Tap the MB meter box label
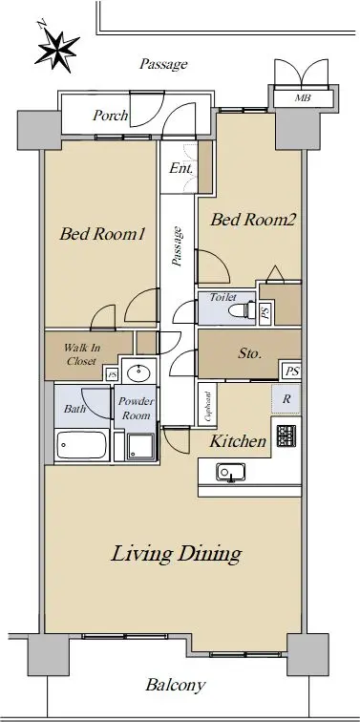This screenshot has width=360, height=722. click(303, 97)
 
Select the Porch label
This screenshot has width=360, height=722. click(110, 116)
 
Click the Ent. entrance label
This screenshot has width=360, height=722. click(180, 168)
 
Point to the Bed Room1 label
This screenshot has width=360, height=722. click(102, 234)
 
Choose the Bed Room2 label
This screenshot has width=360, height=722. click(253, 220)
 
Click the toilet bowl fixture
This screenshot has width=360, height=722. click(243, 309)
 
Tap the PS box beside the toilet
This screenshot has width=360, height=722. click(265, 313)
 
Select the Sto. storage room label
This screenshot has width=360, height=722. click(250, 354)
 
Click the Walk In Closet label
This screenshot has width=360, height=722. click(81, 354)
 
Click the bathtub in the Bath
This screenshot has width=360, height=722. click(81, 445)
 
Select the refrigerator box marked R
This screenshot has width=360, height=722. click(286, 399)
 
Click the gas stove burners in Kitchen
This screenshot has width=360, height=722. click(286, 436)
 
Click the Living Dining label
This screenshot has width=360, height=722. click(177, 554)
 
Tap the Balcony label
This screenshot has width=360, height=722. click(176, 685)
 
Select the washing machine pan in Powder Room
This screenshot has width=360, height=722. click(141, 447)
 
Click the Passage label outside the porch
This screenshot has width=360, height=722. click(163, 64)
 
